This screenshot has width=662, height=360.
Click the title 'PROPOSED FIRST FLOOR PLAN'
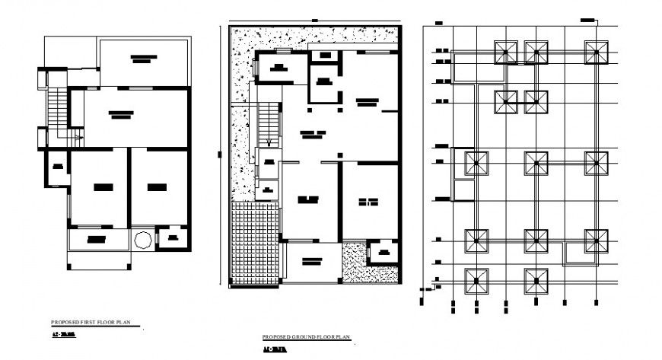point(91,322)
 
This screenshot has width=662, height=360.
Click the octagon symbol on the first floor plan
point(142,239)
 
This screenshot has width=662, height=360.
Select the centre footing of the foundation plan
point(536,163)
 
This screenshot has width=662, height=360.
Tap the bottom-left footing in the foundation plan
point(476,280)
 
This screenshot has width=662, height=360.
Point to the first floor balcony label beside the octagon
point(97,239)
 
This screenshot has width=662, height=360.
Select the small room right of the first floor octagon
point(172,237)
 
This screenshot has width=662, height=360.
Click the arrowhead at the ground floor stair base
point(269,144)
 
